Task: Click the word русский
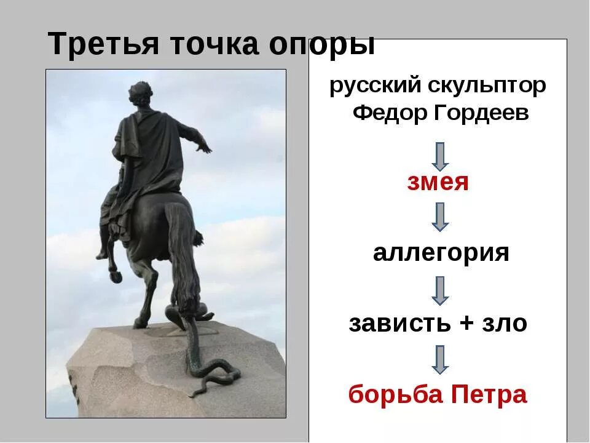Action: pyautogui.click(x=375, y=86)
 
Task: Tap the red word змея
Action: pyautogui.click(x=438, y=183)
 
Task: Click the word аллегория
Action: pyautogui.click(x=441, y=253)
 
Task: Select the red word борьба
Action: pyautogui.click(x=393, y=394)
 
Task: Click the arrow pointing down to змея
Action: pyautogui.click(x=440, y=156)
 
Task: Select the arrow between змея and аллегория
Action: pyautogui.click(x=440, y=217)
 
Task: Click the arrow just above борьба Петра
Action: pyautogui.click(x=440, y=359)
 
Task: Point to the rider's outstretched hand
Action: pyautogui.click(x=205, y=146)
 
